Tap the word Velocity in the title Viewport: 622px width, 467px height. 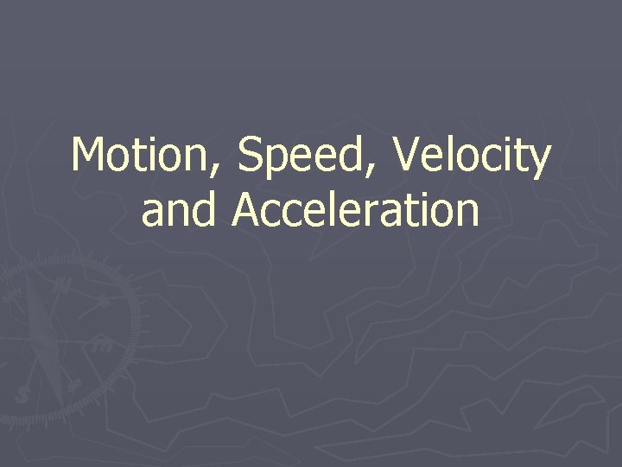tap(471, 157)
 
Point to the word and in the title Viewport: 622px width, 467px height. tap(179, 210)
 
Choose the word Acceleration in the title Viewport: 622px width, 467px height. tap(355, 210)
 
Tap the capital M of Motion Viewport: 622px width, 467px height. tap(89, 157)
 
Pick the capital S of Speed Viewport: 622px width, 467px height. tap(251, 157)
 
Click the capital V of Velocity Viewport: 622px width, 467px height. tap(407, 157)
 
